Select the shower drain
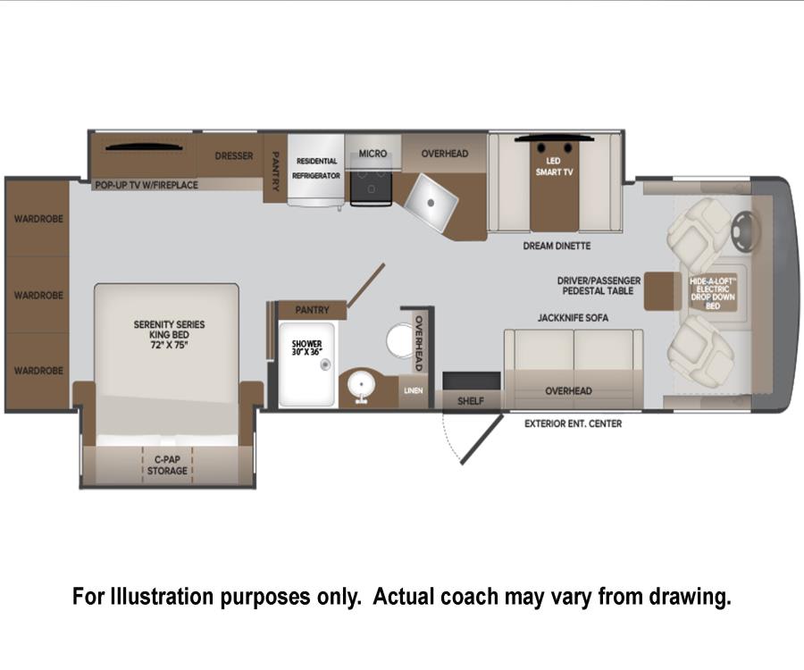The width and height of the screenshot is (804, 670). [x=325, y=364]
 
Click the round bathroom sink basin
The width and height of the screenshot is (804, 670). [x=361, y=384]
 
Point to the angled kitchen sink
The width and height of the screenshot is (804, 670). [x=431, y=202]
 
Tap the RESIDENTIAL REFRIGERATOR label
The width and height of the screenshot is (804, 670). [x=316, y=168]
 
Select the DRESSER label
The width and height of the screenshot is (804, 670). [x=234, y=155]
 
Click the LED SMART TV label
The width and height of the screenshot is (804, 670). [x=554, y=166]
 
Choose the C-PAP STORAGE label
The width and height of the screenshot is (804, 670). [x=167, y=465]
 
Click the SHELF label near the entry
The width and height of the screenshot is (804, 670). [x=470, y=401]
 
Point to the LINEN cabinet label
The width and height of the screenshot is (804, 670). [x=414, y=390]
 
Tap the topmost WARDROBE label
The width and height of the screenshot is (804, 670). [x=38, y=219]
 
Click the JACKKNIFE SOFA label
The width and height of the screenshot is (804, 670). [x=573, y=318]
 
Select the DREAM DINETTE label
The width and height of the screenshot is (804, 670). [x=557, y=246]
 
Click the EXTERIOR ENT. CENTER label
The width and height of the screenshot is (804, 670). [x=574, y=424]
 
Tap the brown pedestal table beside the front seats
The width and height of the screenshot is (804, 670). [x=663, y=291]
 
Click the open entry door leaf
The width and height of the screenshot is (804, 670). [x=482, y=440]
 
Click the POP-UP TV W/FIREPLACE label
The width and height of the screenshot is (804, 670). [x=147, y=185]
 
